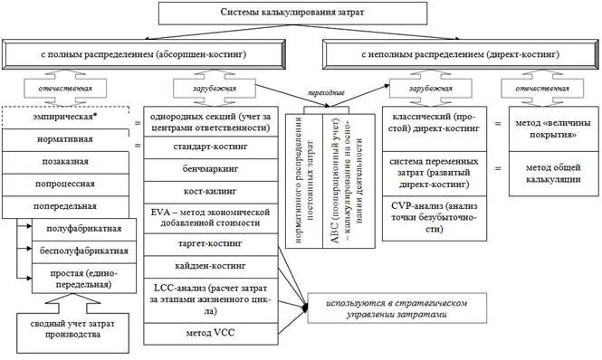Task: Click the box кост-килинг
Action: pos(210,192)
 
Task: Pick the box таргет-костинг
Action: pos(210,244)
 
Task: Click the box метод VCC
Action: pos(210,332)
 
